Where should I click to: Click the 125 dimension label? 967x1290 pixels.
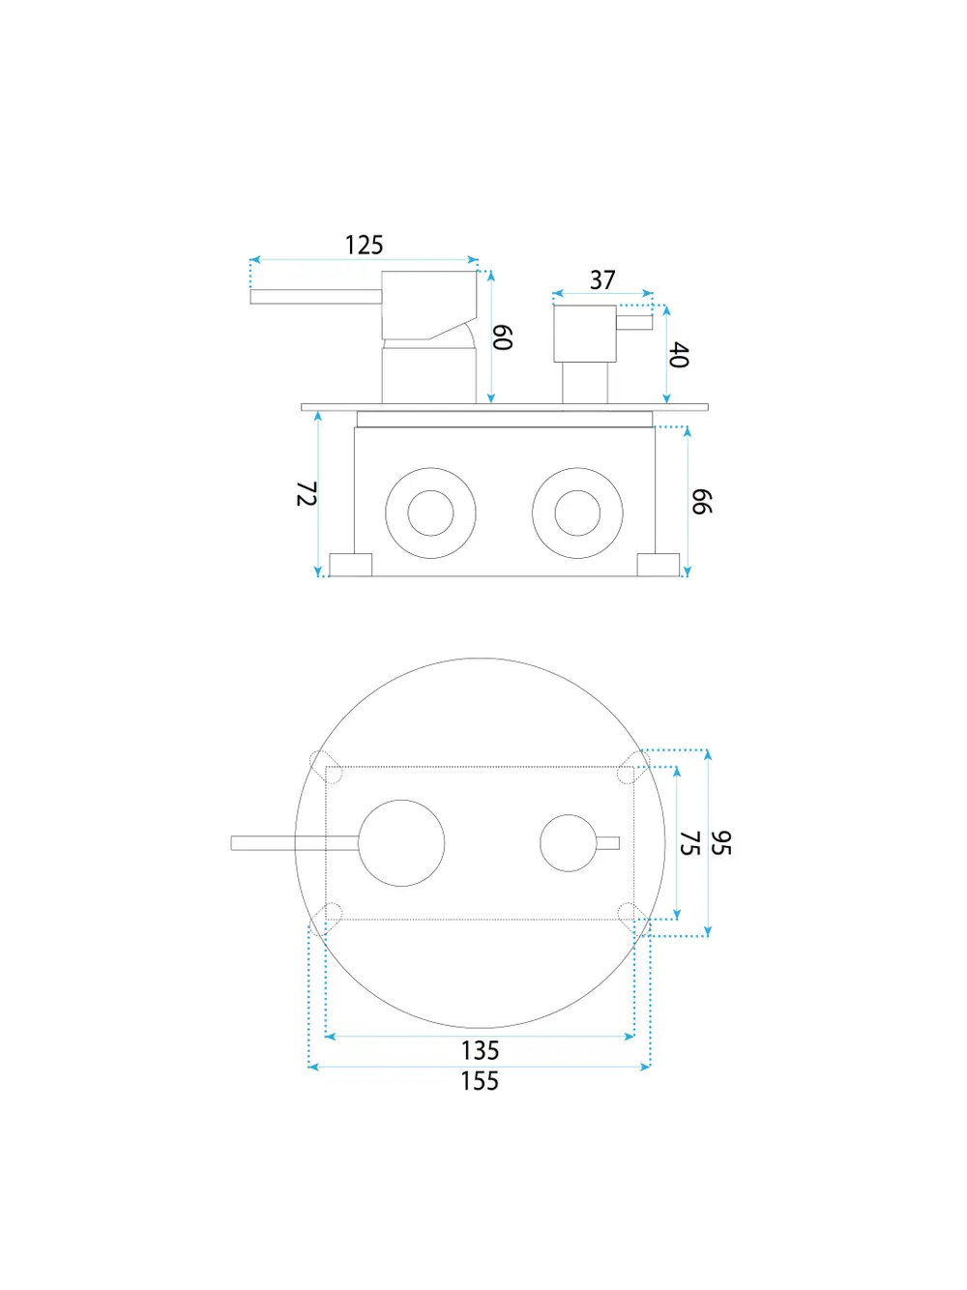point(364,245)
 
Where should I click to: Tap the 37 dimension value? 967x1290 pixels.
point(602,280)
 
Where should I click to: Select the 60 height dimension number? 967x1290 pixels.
point(502,337)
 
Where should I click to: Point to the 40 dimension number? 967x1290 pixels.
point(679,355)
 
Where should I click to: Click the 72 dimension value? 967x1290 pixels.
point(307,493)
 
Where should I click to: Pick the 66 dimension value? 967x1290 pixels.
point(701,501)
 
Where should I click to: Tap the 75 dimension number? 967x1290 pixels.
point(689,843)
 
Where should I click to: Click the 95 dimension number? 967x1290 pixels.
point(720,843)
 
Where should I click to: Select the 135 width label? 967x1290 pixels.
point(480,1050)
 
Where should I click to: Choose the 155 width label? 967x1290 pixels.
point(480,1081)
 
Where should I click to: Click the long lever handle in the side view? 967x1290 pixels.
point(316,297)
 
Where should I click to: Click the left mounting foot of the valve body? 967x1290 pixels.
point(351,565)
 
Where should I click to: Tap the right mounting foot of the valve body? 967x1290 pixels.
point(659,565)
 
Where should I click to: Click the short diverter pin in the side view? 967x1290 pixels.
point(634,322)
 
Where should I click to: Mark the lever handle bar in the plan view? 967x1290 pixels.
point(295,843)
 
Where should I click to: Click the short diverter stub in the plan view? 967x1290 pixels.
point(608,843)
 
